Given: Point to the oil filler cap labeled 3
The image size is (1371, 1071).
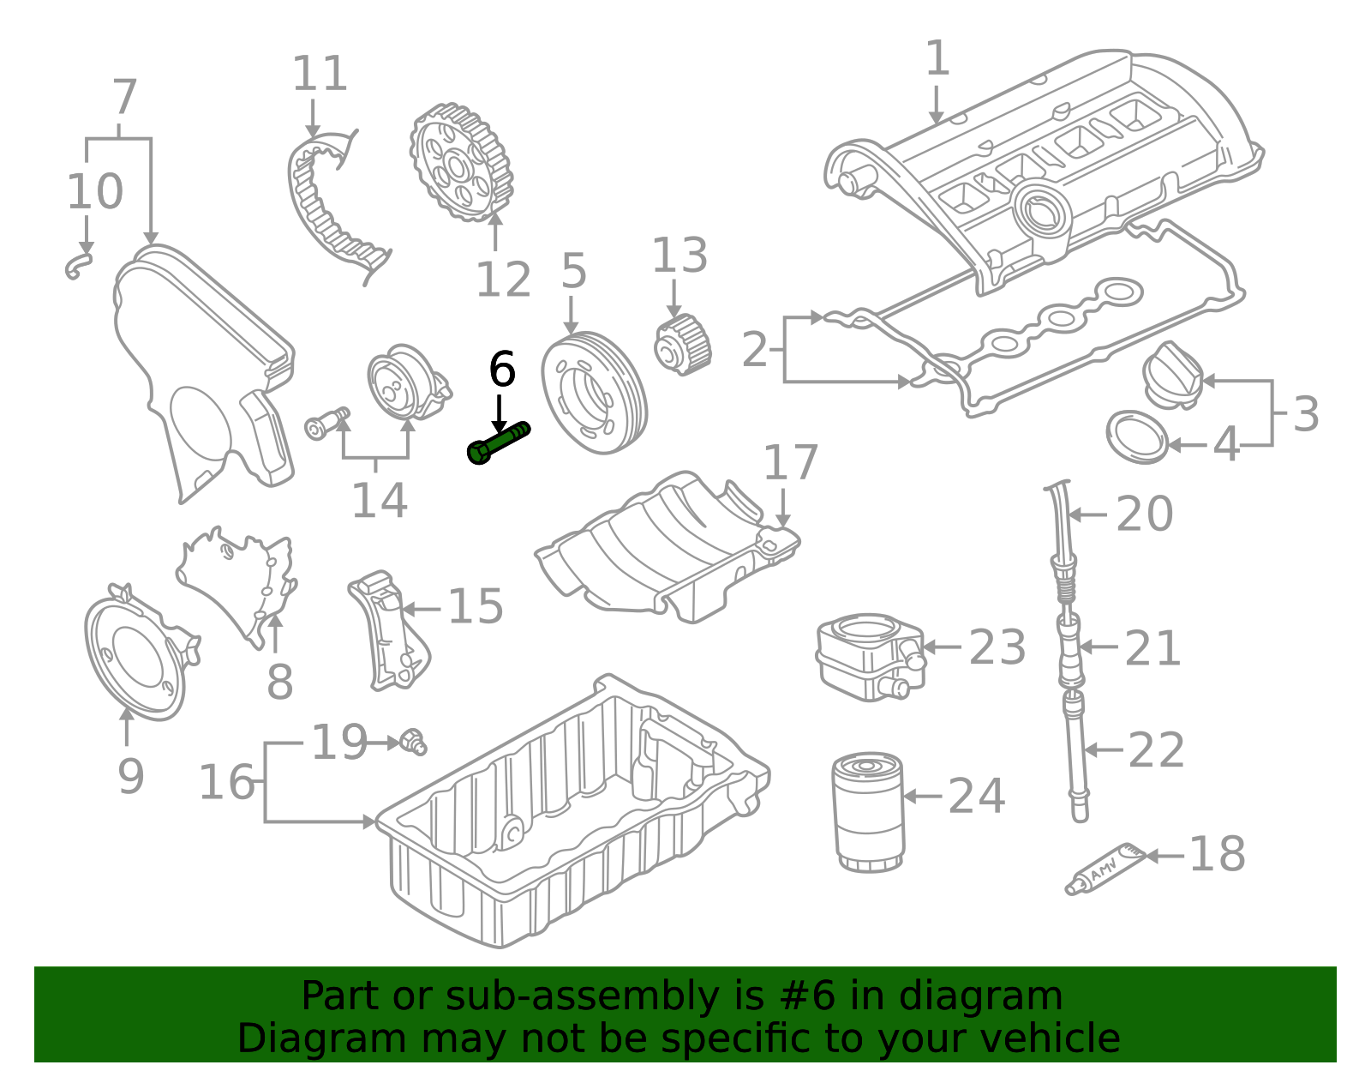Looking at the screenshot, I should [x=1171, y=375].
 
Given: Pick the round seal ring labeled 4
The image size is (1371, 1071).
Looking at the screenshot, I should [x=1137, y=437].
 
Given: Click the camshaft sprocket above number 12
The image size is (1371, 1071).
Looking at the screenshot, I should [x=461, y=163].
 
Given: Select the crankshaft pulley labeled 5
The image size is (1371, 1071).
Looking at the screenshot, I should [x=590, y=393].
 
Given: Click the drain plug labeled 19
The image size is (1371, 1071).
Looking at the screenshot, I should [x=414, y=742].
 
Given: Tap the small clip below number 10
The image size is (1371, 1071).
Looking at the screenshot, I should [x=79, y=266].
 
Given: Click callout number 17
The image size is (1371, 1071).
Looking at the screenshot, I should [x=790, y=463].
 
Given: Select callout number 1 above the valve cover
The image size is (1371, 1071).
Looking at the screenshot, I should [x=937, y=58].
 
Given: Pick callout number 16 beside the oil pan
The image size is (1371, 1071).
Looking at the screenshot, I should [x=227, y=782].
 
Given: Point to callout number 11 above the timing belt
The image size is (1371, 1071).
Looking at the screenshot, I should [x=320, y=74].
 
